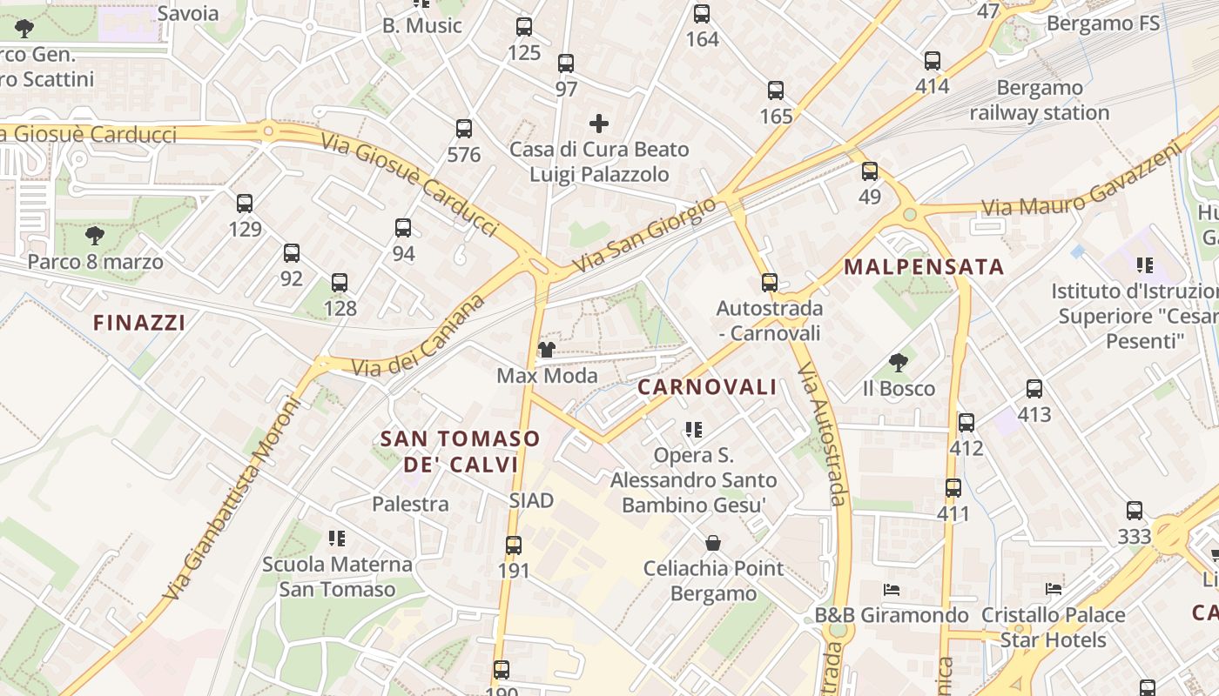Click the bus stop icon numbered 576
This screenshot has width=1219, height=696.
464,129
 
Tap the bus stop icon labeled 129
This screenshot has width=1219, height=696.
245,204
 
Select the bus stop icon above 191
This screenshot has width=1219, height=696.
514,545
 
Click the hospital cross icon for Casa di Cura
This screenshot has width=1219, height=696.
599,124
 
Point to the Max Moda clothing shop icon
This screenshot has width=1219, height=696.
546,350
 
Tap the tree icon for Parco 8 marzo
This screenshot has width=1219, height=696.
95,235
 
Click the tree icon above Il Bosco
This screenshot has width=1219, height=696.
899,363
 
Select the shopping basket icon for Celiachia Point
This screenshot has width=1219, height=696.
713,543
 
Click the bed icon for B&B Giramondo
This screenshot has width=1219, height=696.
891,589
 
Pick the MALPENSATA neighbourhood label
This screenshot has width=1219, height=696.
924,267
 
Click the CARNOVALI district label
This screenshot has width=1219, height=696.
707,387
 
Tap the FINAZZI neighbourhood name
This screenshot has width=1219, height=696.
139,323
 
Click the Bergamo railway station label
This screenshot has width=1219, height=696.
1040,100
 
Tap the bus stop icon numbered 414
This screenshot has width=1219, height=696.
933,61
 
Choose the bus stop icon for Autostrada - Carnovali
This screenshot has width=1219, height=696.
769,283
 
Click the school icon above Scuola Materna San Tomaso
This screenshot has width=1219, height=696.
337,539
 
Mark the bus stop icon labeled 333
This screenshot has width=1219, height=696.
1134,511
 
